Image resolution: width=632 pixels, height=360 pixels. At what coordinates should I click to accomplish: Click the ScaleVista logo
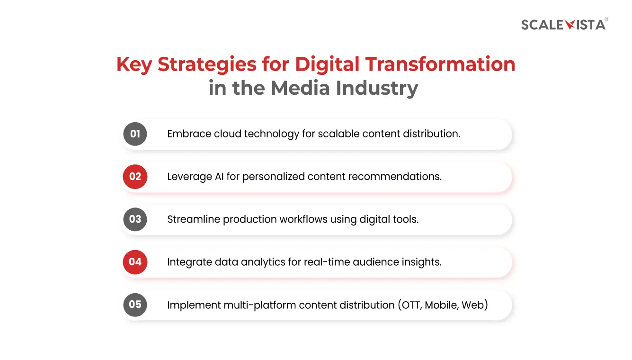point(563,25)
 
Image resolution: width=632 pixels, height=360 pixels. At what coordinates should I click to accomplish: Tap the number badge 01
point(135,134)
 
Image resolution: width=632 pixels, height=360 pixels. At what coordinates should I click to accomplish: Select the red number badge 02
point(135,177)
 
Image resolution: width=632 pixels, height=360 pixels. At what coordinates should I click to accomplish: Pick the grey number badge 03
point(135,219)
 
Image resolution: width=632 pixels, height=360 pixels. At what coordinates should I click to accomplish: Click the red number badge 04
point(135,262)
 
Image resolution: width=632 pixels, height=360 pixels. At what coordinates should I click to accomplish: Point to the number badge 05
point(135,305)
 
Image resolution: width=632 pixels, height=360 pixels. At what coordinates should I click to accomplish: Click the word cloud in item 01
point(228,134)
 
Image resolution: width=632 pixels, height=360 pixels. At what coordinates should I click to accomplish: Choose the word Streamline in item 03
point(193,219)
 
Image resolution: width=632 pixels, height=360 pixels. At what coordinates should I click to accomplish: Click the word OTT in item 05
point(410,305)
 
